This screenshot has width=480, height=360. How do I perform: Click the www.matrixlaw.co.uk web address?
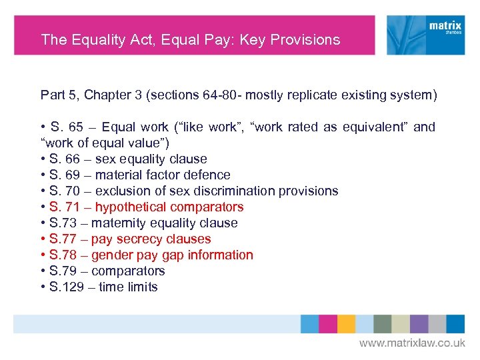pyautogui.click(x=412, y=343)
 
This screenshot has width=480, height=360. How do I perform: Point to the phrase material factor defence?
pyautogui.click(x=163, y=175)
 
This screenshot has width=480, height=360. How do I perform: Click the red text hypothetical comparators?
pyautogui.click(x=169, y=207)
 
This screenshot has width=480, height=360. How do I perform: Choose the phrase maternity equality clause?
pyautogui.click(x=164, y=223)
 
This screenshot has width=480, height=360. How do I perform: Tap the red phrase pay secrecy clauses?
pyautogui.click(x=151, y=239)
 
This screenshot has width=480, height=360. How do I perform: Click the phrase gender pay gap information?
pyautogui.click(x=172, y=255)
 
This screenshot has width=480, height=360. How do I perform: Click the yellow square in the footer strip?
pyautogui.click(x=346, y=324)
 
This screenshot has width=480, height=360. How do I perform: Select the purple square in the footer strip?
pyautogui.click(x=419, y=324)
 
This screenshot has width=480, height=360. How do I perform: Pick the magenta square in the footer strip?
pyautogui.click(x=328, y=324)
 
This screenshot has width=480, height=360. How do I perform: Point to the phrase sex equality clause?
pyautogui.click(x=151, y=159)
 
